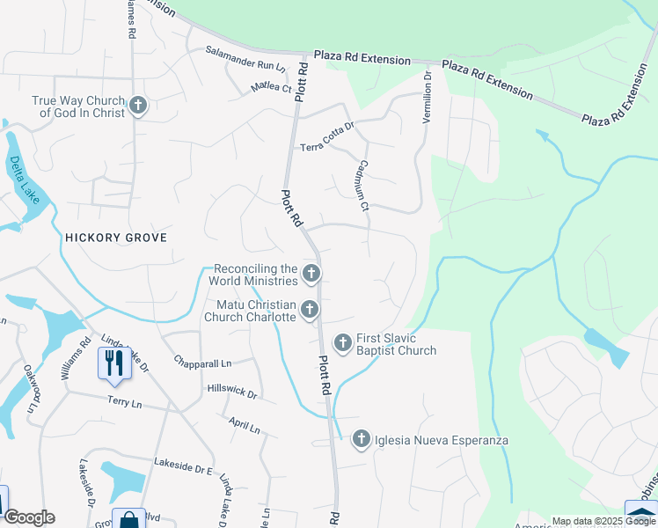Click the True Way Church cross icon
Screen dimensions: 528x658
pos(137,106)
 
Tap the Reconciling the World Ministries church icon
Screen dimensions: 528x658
pos(311,275)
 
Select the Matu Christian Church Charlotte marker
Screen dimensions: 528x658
pos(309,310)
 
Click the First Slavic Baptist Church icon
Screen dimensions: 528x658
pos(342,343)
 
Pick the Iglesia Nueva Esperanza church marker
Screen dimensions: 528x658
pos(361,440)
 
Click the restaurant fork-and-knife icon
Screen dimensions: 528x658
pos(114,363)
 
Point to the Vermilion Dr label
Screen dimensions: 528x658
pos(428,97)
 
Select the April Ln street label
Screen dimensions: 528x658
pos(244,427)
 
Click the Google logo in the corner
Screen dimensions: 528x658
pos(28,517)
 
